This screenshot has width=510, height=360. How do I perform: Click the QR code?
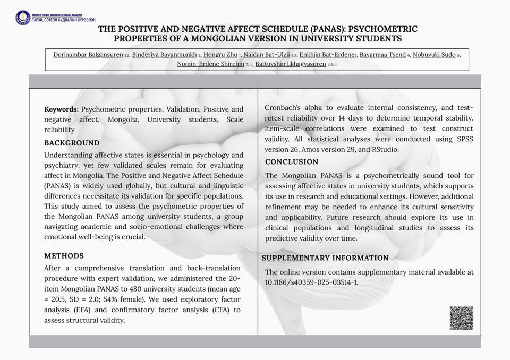coord(461,318)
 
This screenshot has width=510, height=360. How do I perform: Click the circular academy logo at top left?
coord(23,18)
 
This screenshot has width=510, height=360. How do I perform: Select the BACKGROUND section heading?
coord(72,143)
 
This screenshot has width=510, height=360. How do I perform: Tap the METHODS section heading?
coord(64,256)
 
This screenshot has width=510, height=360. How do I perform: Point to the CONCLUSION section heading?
coord(292,162)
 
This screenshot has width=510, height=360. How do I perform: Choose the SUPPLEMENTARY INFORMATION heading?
coord(325,258)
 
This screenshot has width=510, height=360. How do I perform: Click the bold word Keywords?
coord(61,109)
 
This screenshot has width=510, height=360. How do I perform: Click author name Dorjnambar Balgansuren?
coord(88,55)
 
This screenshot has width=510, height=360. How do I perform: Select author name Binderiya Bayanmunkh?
coord(164,55)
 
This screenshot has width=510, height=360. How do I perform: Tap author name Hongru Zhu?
coord(220,55)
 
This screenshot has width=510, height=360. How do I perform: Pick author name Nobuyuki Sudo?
coord(434,55)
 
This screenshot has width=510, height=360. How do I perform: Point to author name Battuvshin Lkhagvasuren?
coord(291,64)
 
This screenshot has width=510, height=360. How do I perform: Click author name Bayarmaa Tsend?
coord(382,55)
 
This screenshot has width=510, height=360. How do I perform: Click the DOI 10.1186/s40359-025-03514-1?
coord(311,282)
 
